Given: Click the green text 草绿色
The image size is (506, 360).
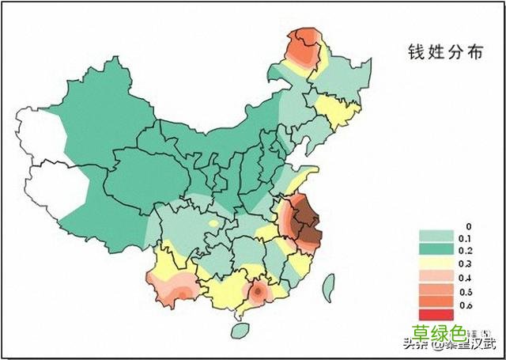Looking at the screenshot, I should (x=440, y=333).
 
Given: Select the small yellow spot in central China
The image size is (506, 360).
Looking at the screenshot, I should (x=213, y=224).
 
